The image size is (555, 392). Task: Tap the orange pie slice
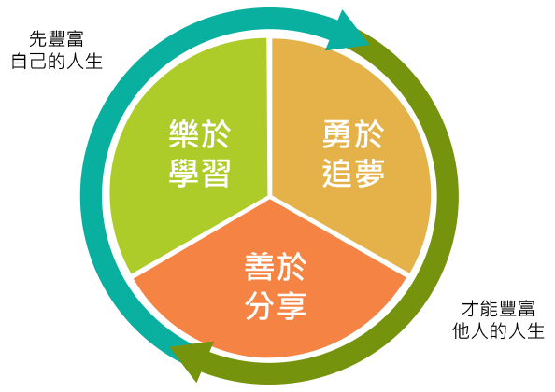tap(270, 283)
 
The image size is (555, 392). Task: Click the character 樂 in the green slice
tap(183, 134)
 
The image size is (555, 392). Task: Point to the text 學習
tap(200, 173)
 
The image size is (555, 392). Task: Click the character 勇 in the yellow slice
tap(337, 134)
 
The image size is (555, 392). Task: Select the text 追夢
tap(353, 173)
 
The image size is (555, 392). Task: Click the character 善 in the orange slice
tap(260, 267)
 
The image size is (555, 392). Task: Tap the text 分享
tap(276, 305)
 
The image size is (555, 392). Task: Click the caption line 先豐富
tap(56, 39)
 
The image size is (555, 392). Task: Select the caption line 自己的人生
tap(57, 61)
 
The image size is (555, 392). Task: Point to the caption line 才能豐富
tap(498, 309)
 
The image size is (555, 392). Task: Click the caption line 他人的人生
tap(498, 330)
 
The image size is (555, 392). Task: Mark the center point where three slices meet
tap(270, 197)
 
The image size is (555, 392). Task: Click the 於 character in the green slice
tap(215, 134)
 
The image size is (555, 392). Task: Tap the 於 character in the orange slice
tap(292, 267)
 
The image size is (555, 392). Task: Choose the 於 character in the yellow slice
tap(369, 134)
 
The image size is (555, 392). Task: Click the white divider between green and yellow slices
tap(269, 117)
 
